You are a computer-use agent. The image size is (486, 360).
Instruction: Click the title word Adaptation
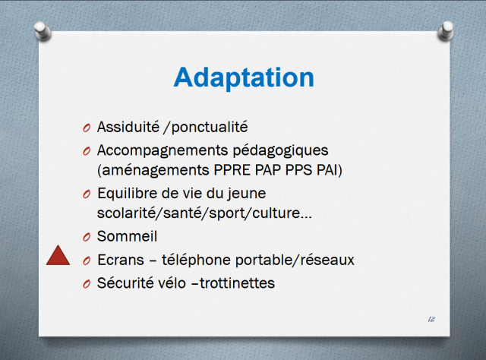point(244,77)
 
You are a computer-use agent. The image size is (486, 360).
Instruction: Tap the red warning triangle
point(58,256)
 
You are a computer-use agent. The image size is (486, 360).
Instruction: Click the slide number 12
point(431,319)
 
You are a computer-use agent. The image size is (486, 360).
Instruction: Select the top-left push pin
point(43,31)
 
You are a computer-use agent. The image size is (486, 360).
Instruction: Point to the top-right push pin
point(446,31)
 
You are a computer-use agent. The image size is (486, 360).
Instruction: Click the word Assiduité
point(128,127)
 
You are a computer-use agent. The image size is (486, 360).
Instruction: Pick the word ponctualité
point(210,128)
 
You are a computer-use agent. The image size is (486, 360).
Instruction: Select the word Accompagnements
point(163,151)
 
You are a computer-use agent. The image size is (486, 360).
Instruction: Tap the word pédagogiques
point(280,151)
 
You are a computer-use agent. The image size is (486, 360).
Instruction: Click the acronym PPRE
point(232,170)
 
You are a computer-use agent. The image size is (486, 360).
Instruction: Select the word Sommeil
point(127,236)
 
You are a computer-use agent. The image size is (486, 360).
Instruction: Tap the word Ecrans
point(121,260)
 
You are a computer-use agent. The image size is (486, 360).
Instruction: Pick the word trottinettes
point(237,283)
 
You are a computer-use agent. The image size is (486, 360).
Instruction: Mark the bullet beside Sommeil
point(87,237)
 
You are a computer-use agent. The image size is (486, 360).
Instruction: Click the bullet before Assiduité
point(87,128)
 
